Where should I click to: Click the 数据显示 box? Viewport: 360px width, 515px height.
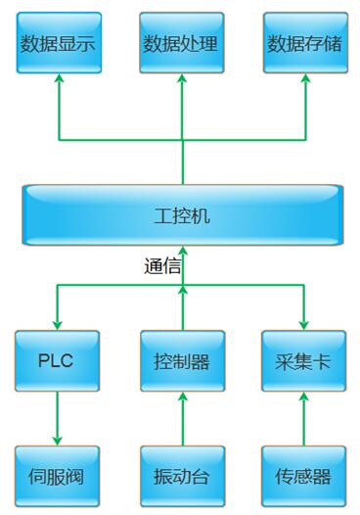pyautogui.click(x=58, y=43)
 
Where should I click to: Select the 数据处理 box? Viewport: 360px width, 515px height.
pyautogui.click(x=181, y=43)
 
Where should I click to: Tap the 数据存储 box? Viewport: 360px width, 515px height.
pyautogui.click(x=304, y=43)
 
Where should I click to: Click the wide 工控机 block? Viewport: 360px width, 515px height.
pyautogui.click(x=182, y=214)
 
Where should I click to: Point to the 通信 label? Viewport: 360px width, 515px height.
pyautogui.click(x=161, y=265)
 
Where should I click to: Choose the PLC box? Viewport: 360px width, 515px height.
pyautogui.click(x=57, y=360)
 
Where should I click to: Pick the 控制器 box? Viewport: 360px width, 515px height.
pyautogui.click(x=182, y=360)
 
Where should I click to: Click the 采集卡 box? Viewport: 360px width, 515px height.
pyautogui.click(x=304, y=360)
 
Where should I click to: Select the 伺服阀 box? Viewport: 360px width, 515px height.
pyautogui.click(x=57, y=477)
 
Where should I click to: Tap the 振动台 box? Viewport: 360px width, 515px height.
pyautogui.click(x=182, y=477)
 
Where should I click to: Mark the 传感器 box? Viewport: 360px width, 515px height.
pyautogui.click(x=304, y=477)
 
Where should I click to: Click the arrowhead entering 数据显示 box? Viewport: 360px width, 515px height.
pyautogui.click(x=58, y=81)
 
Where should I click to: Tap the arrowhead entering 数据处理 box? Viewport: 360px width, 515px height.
pyautogui.click(x=182, y=81)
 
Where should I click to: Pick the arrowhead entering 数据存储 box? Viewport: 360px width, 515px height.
pyautogui.click(x=304, y=81)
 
